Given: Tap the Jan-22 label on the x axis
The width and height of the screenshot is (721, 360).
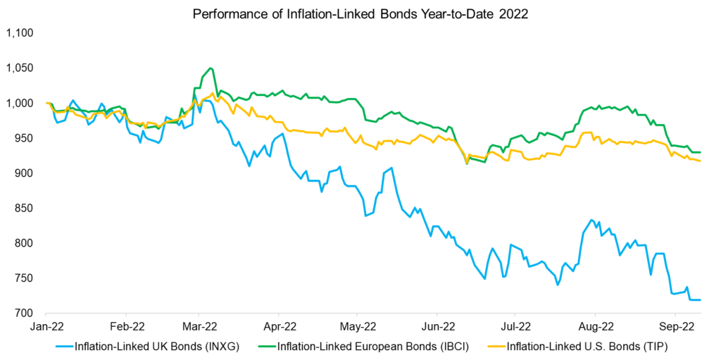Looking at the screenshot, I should [x=46, y=326].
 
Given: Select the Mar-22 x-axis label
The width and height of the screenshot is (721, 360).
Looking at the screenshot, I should [x=199, y=326].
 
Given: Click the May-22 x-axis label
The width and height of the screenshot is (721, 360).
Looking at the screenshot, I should [x=357, y=326].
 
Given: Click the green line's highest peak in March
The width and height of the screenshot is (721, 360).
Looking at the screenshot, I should [x=211, y=68].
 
